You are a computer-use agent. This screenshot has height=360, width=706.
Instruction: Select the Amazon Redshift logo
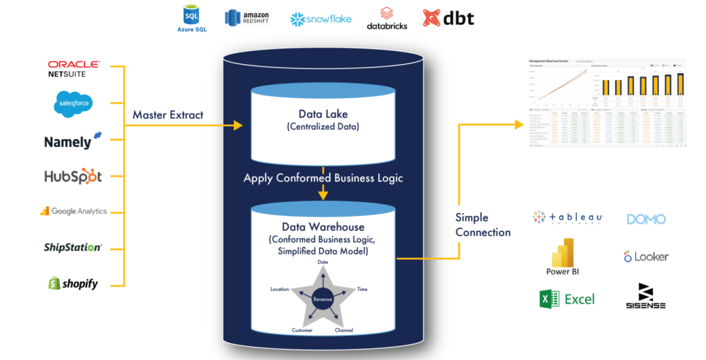tap(246, 18)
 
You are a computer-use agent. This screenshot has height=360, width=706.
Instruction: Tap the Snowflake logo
tap(321, 19)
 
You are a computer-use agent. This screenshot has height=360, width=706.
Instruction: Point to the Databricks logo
tap(386, 19)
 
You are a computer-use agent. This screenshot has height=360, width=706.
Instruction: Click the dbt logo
tap(448, 18)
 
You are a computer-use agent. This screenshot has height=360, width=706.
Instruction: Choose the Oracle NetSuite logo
tap(74, 68)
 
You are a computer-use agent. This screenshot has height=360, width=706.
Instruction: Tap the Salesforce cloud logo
tap(73, 104)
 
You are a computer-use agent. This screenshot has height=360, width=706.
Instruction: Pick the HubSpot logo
tap(73, 176)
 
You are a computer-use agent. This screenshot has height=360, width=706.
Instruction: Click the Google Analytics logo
tap(73, 211)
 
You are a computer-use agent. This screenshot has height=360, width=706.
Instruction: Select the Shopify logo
tap(72, 282)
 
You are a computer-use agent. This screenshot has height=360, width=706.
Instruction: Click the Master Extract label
tap(168, 114)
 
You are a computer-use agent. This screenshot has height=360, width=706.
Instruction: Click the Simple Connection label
tap(483, 225)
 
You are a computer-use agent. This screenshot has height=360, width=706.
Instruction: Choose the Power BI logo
tap(562, 257)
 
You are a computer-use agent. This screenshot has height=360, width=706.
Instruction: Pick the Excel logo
tap(567, 299)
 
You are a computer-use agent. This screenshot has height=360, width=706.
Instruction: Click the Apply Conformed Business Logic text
tap(323, 178)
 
